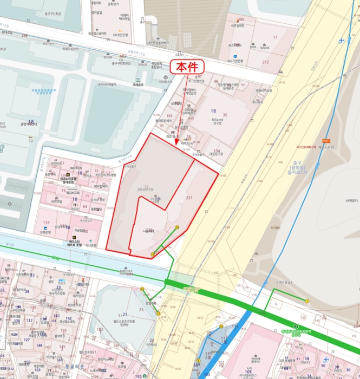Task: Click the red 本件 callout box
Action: click(x=188, y=67)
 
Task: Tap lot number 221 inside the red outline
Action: click(x=189, y=198)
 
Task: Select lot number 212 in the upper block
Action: click(x=265, y=62)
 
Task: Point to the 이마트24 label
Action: click(x=187, y=143)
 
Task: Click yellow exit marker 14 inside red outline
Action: click(x=177, y=227)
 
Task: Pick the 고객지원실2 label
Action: click(x=283, y=282)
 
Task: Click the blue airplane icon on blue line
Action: click(x=341, y=41)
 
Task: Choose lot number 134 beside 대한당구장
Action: click(x=217, y=151)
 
